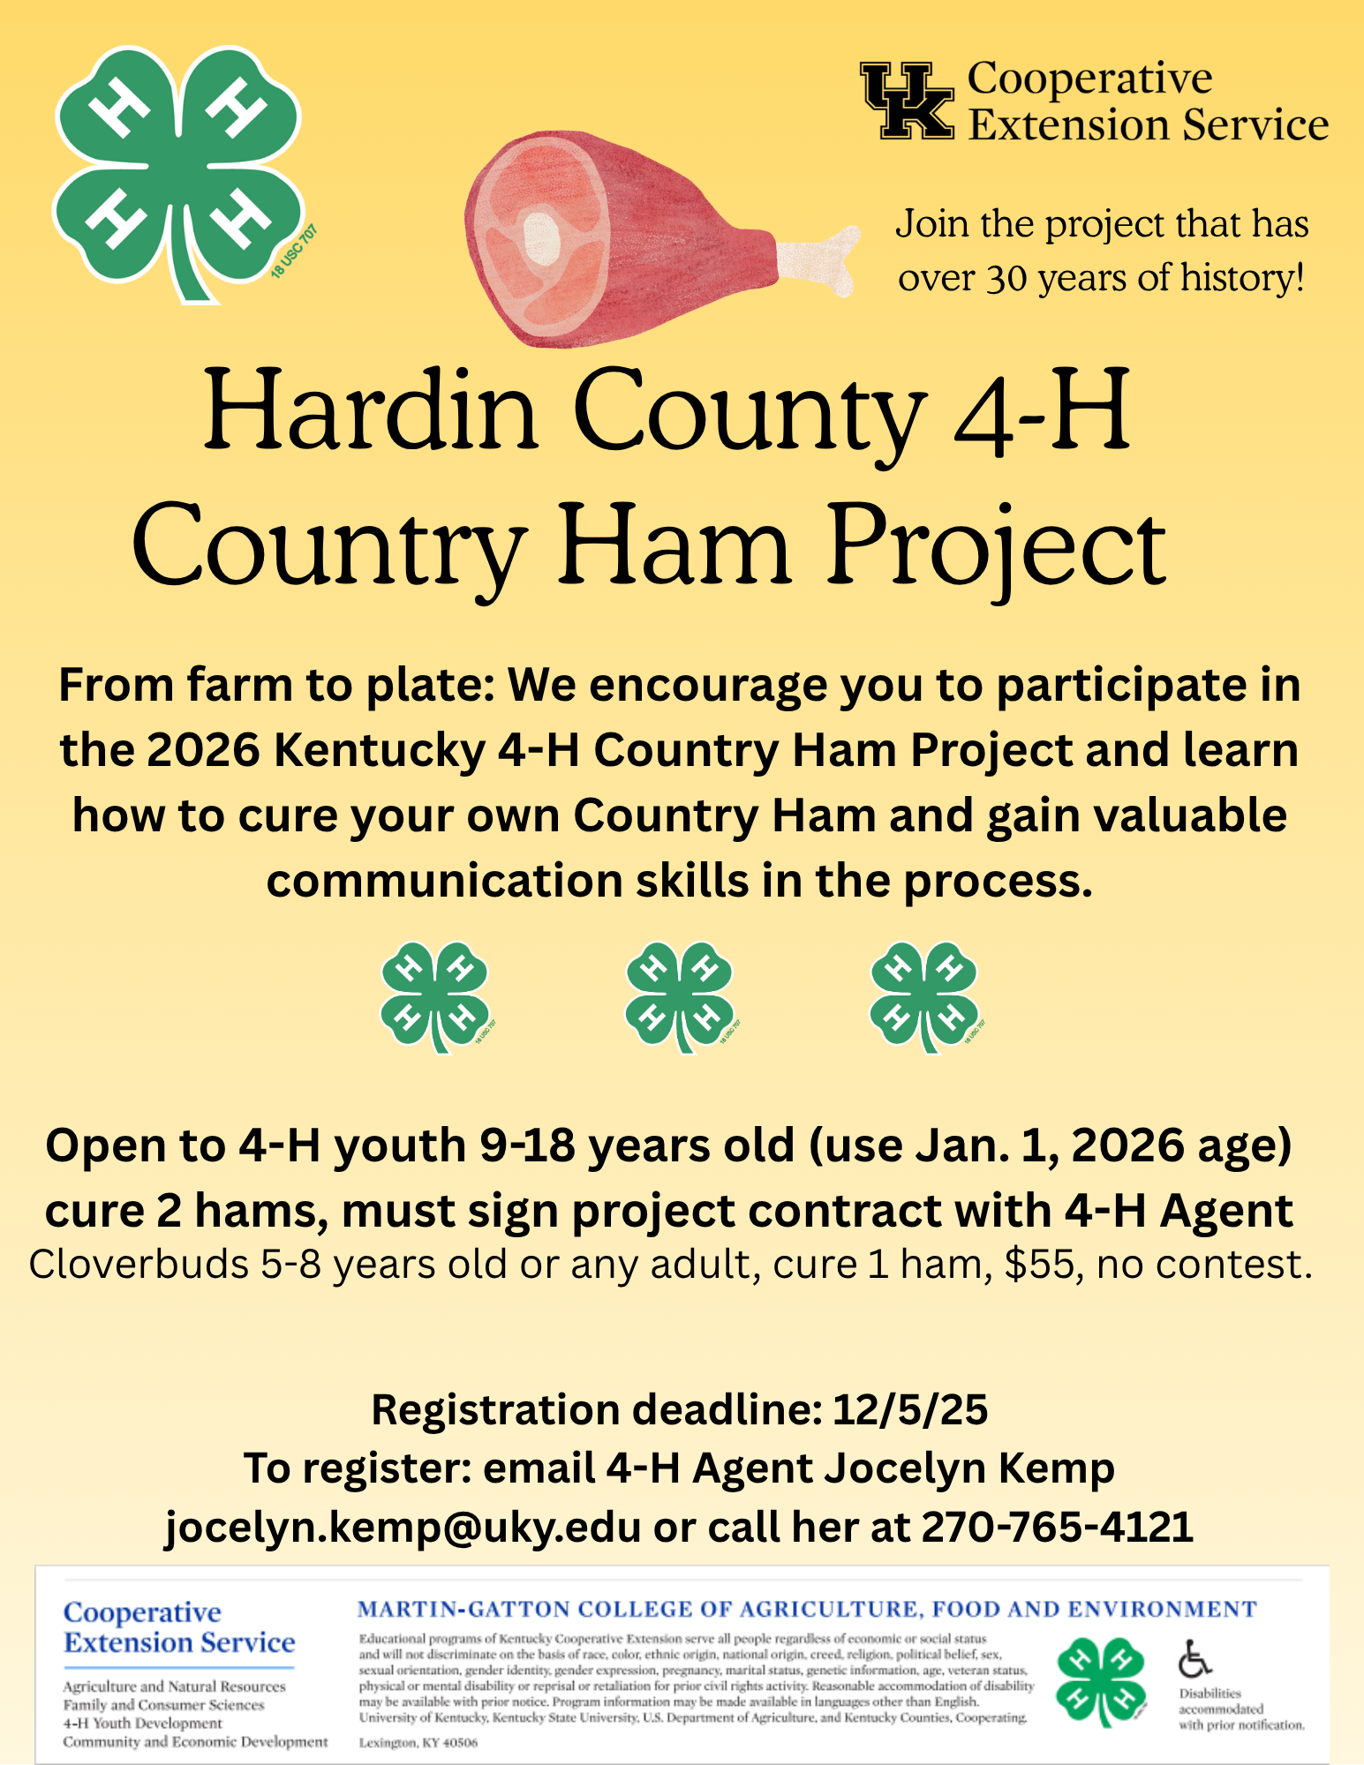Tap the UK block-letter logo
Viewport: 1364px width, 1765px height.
[908, 101]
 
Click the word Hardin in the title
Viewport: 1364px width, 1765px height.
[371, 413]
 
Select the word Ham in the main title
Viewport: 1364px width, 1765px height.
[674, 547]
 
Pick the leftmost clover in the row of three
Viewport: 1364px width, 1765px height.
[435, 995]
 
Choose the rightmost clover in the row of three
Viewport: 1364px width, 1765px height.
[924, 995]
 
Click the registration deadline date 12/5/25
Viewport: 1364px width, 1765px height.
[910, 1409]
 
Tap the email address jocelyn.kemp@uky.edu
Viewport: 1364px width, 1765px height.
[403, 1526]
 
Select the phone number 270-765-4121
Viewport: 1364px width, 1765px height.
[1057, 1526]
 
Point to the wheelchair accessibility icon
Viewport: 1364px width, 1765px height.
[1194, 1659]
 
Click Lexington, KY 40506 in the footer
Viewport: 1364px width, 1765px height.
[418, 1743]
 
